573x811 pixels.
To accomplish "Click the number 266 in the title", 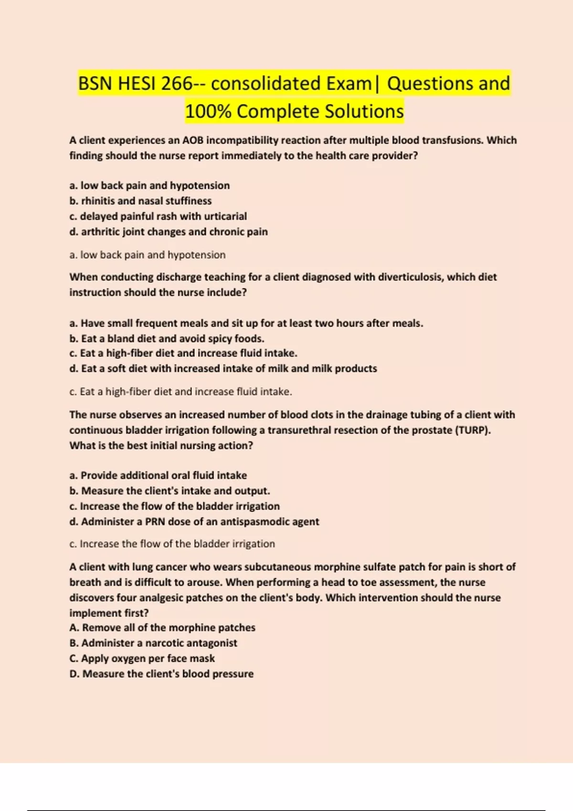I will click(x=177, y=83).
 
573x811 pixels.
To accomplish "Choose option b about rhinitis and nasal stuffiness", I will click(x=140, y=201).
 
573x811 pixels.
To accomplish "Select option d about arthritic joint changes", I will click(x=169, y=232).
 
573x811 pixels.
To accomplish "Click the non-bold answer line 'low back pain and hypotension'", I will click(x=148, y=255).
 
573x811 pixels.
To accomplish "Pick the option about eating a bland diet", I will click(x=167, y=339).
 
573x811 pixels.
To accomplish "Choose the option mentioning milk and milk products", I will click(x=223, y=369).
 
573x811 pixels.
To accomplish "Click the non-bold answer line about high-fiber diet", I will click(x=180, y=392).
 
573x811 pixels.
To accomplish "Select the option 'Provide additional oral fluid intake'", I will click(x=158, y=476).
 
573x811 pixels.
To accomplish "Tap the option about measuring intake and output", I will click(x=170, y=491).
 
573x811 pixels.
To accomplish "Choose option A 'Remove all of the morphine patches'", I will click(x=162, y=628).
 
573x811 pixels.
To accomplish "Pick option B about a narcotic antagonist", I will click(x=153, y=643).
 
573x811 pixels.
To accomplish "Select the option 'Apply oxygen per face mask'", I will click(x=142, y=658).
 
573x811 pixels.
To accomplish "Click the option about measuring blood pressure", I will click(x=161, y=674).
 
